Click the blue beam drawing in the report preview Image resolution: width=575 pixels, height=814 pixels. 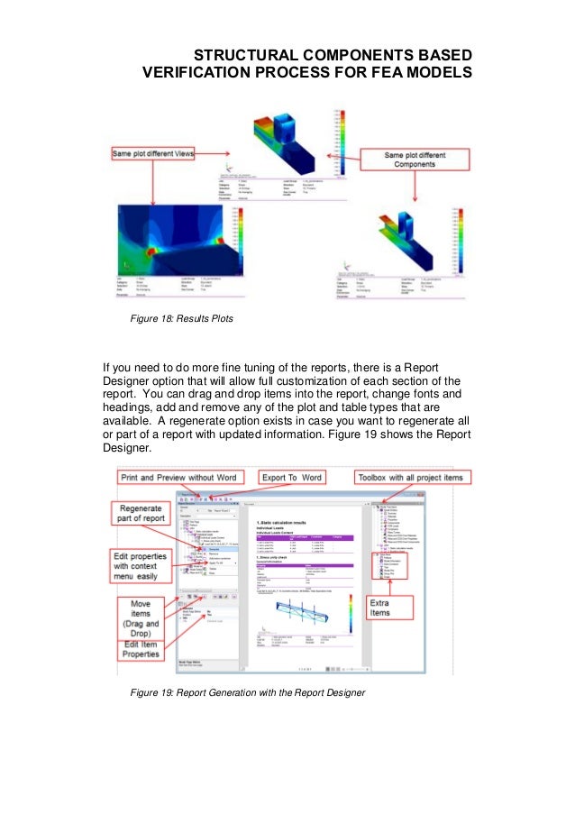coord(294,622)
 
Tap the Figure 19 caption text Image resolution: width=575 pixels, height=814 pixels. coord(248,692)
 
